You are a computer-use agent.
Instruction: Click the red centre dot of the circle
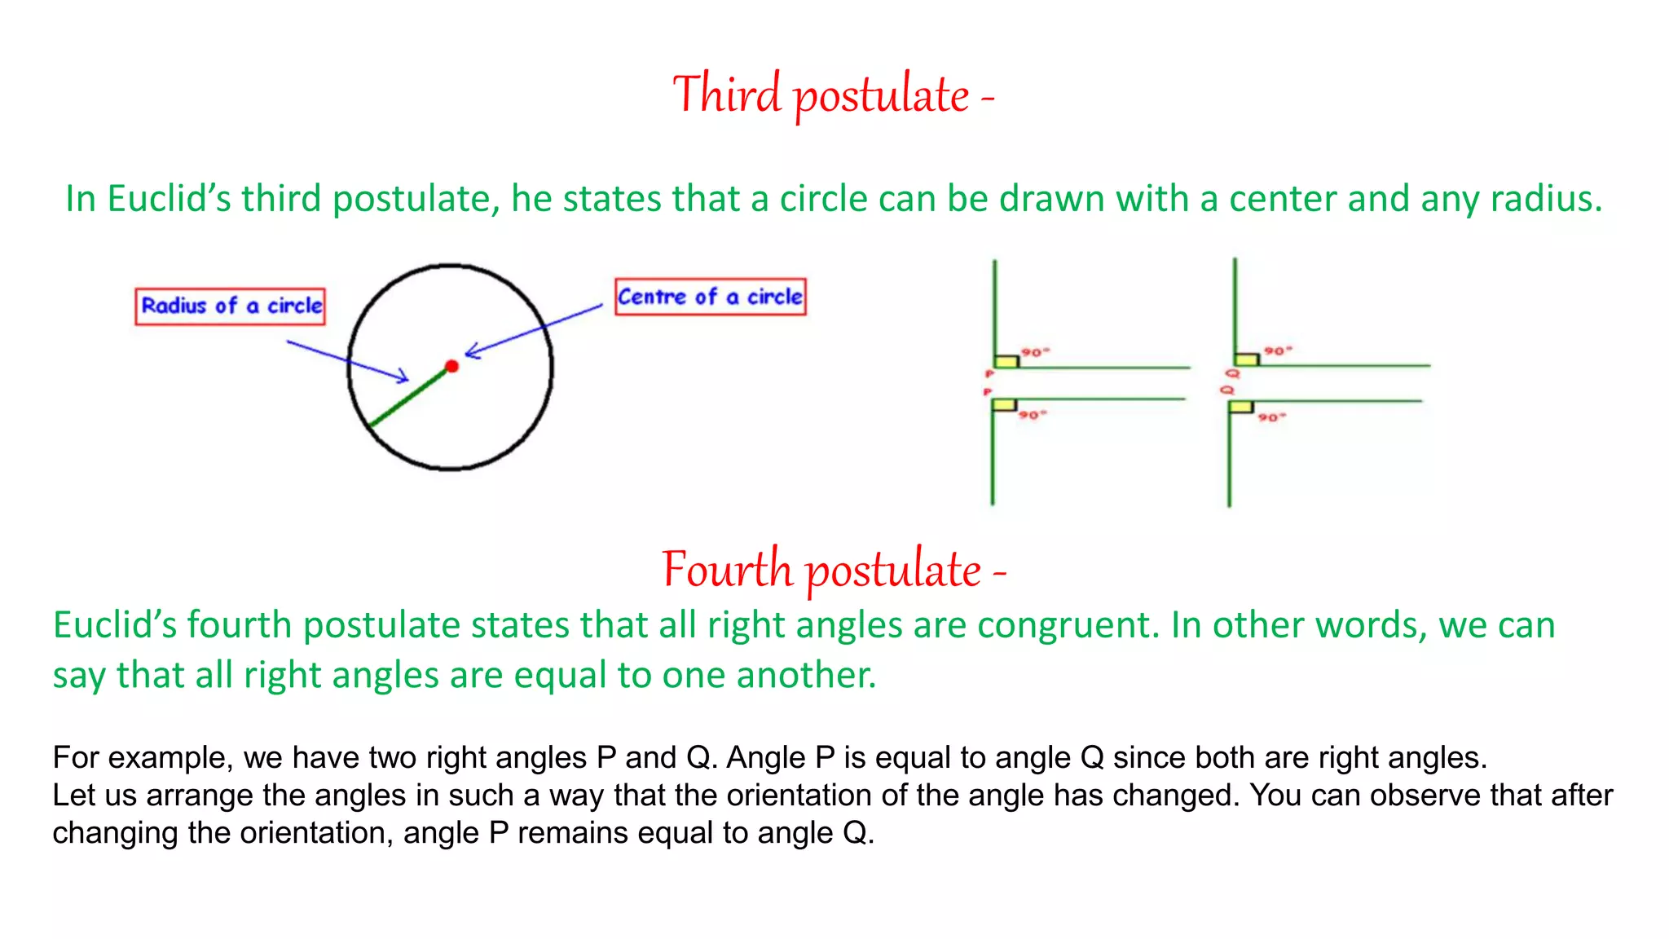452,366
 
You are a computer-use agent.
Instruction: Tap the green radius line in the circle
410,397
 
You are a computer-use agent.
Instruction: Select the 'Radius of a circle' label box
231,306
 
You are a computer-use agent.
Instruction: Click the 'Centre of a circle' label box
710,297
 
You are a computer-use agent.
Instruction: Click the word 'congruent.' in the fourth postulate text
1068,625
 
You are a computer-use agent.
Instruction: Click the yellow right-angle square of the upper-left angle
1006,361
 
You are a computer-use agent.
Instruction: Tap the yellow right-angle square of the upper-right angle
1246,359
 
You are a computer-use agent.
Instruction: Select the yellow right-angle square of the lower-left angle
1005,405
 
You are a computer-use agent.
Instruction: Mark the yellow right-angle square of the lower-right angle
1241,407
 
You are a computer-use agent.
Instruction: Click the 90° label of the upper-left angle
1034,352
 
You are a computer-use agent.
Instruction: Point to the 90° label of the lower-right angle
1270,417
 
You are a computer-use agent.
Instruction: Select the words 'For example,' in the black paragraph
143,758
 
